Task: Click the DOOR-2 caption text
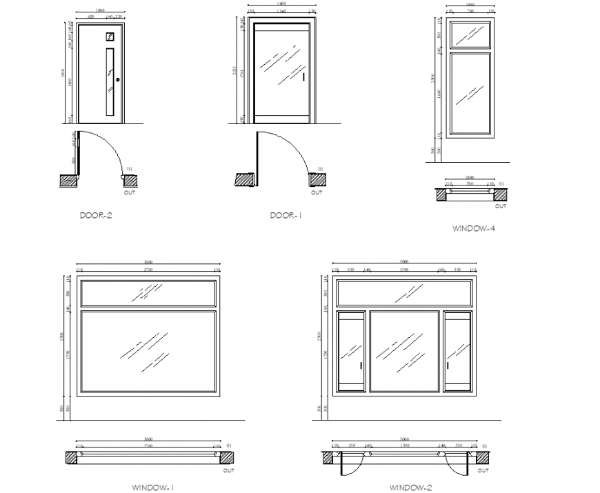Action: click(x=96, y=215)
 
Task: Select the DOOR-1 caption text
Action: click(x=286, y=216)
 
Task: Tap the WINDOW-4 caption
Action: click(x=473, y=228)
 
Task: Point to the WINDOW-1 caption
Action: click(x=152, y=487)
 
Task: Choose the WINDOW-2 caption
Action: click(x=411, y=487)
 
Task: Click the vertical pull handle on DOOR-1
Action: click(x=303, y=77)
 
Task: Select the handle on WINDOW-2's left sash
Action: click(x=361, y=365)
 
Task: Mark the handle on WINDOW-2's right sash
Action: click(x=447, y=365)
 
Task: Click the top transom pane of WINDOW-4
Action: click(x=470, y=34)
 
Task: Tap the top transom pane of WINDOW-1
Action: click(x=147, y=293)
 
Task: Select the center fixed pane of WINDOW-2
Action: click(x=404, y=352)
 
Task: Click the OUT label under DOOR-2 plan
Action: click(x=129, y=192)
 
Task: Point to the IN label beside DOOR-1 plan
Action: click(x=319, y=169)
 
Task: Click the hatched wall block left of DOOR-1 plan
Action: click(x=244, y=180)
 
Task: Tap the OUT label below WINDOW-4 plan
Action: click(x=500, y=206)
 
